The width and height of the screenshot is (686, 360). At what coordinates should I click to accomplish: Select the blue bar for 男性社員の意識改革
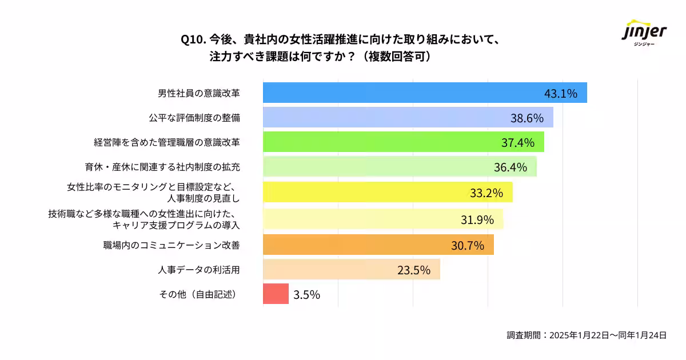(400, 93)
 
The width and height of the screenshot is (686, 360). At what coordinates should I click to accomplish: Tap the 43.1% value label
(560, 93)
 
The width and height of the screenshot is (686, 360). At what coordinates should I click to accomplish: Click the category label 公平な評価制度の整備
(194, 118)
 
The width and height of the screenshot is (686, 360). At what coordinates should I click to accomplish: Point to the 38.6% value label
(527, 118)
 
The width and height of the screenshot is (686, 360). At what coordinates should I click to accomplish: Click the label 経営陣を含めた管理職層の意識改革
(167, 142)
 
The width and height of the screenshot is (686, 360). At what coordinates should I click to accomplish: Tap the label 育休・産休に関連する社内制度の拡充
(162, 167)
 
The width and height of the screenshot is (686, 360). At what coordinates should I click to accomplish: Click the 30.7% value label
(468, 245)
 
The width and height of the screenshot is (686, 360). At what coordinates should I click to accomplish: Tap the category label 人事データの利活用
(198, 270)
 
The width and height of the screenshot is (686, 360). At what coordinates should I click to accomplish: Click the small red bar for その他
(276, 294)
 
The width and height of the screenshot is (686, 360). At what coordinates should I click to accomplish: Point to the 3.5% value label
(306, 295)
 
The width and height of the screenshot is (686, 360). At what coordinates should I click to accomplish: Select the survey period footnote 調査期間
(587, 335)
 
